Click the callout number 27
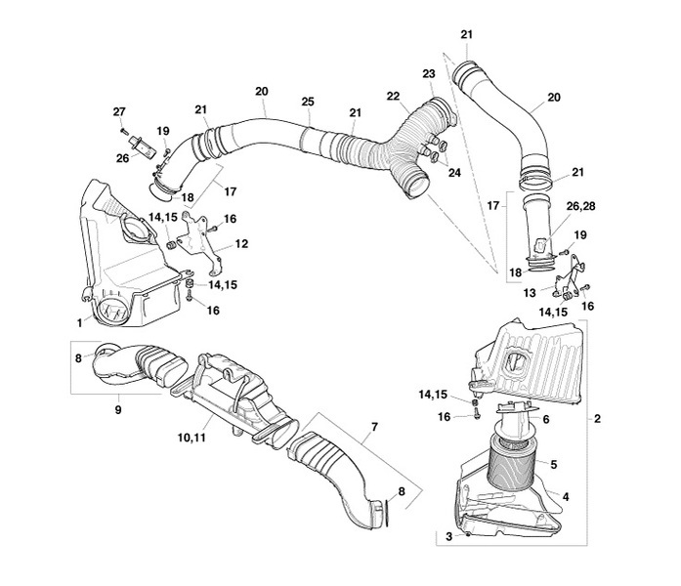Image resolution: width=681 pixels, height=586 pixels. pyautogui.click(x=118, y=110)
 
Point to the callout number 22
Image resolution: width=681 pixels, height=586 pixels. pyautogui.click(x=393, y=96)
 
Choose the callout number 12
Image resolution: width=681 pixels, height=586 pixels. pyautogui.click(x=241, y=243)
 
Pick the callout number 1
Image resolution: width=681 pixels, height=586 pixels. pyautogui.click(x=79, y=321)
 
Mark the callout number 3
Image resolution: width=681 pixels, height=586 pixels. pyautogui.click(x=448, y=535)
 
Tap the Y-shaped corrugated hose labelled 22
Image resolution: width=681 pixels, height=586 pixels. pyautogui.click(x=391, y=146)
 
